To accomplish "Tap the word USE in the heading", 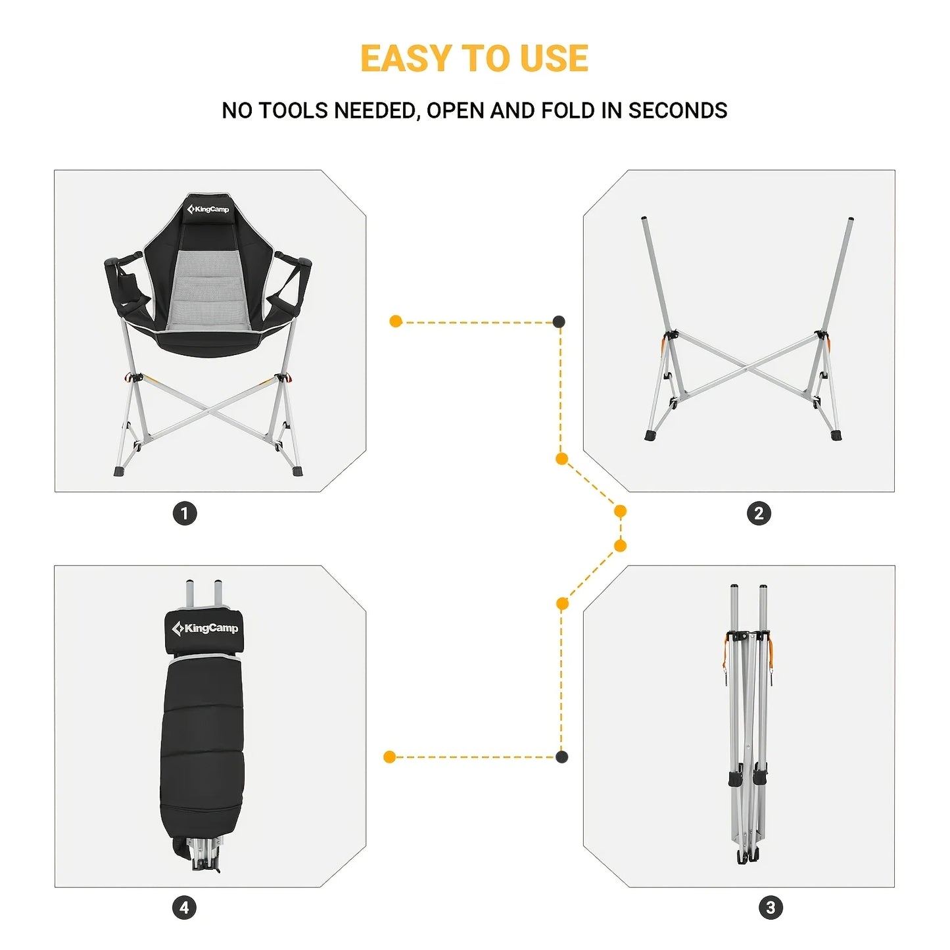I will point(554,59).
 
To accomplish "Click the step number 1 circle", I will point(185,513).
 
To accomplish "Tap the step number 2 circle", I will point(759,513).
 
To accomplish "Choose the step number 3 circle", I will point(771,908).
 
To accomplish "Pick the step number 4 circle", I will point(185,908).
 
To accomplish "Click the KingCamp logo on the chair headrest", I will point(208,210).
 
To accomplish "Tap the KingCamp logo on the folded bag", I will point(204,629).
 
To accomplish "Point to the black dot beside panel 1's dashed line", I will point(558,321).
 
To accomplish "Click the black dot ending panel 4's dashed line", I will point(561,757).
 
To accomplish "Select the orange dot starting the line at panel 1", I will point(396,321).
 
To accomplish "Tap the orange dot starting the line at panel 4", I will point(389,757).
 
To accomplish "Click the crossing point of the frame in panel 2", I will point(748,368).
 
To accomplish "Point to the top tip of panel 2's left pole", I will point(645,219).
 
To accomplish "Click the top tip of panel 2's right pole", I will point(851,220).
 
